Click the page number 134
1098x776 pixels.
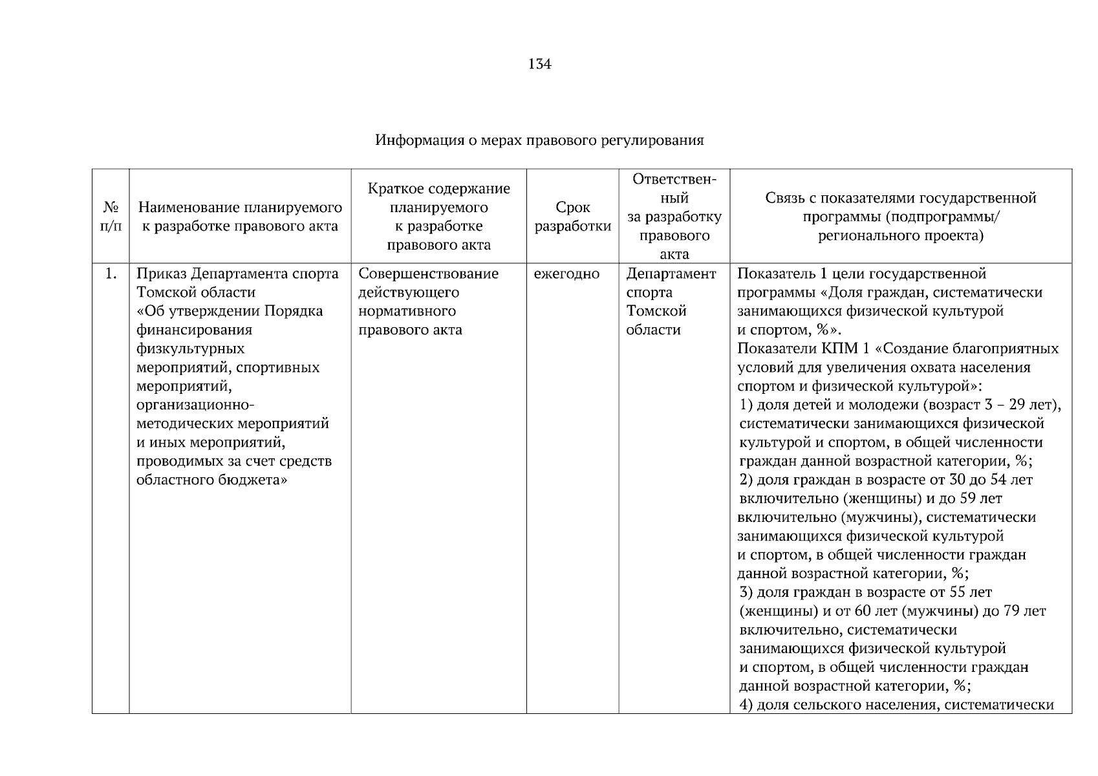(x=539, y=64)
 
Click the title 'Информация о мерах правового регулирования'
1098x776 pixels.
(x=539, y=140)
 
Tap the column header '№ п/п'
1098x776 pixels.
(x=111, y=217)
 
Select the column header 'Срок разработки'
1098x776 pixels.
(x=572, y=217)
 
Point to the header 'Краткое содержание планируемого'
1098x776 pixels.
(x=438, y=198)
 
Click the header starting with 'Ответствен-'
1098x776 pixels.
(x=674, y=179)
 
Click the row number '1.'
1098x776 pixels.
(x=111, y=274)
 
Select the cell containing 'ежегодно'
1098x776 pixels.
(x=566, y=274)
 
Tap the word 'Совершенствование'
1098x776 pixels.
(x=428, y=274)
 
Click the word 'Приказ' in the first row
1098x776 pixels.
(x=161, y=274)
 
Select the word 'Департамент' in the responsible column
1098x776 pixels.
(x=671, y=274)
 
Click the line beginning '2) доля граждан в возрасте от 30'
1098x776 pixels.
(x=885, y=480)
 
